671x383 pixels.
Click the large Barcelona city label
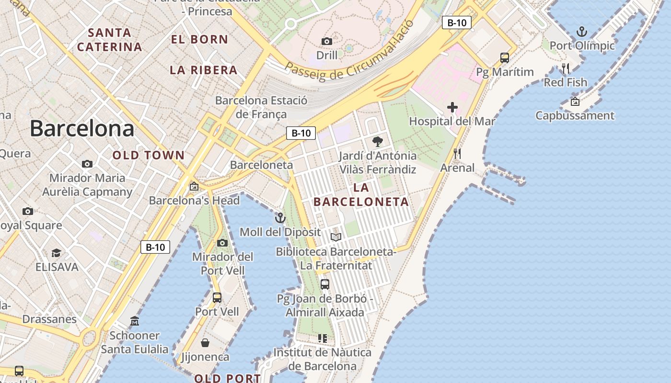pos(82,129)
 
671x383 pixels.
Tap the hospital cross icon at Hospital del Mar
pos(452,107)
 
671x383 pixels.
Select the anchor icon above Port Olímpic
pos(581,32)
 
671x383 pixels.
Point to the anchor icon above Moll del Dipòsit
pos(280,218)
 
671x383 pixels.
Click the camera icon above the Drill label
pos(327,41)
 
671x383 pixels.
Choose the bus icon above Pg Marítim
pos(504,58)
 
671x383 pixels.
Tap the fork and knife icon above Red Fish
pos(566,68)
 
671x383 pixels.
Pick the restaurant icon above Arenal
pos(457,154)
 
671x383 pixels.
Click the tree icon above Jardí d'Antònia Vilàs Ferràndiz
pos(378,142)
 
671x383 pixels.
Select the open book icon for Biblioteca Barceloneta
pos(336,237)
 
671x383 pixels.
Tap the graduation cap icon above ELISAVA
pos(57,253)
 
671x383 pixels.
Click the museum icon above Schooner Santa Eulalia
pos(135,321)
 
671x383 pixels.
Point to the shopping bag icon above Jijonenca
pos(205,343)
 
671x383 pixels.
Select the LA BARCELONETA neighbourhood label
pos(361,194)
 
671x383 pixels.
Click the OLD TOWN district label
pos(149,155)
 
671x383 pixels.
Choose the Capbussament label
pos(575,115)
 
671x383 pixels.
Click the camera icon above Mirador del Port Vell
pos(222,243)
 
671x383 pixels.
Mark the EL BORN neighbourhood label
pos(199,39)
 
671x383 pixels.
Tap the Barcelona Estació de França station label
pos(261,107)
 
